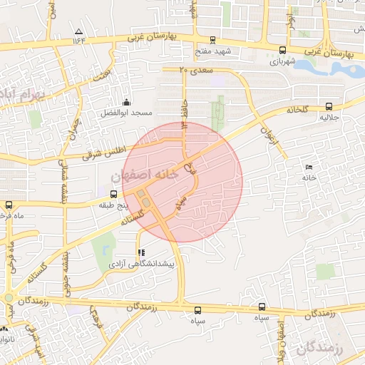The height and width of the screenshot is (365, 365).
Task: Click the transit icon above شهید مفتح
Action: pos(212,41)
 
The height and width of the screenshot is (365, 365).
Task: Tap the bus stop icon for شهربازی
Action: pos(283,50)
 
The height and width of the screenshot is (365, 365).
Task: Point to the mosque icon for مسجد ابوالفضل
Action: pos(127,102)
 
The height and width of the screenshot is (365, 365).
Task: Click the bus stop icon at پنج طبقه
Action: pos(113,194)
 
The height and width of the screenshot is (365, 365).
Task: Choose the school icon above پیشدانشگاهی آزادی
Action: pos(140,252)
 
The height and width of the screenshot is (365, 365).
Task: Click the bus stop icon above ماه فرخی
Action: pos(8,204)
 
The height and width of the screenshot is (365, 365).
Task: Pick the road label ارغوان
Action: pos(268,133)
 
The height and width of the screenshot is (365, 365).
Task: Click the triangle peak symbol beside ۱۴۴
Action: pos(78,32)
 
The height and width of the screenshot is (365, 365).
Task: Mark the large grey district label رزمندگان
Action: pos(318,347)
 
